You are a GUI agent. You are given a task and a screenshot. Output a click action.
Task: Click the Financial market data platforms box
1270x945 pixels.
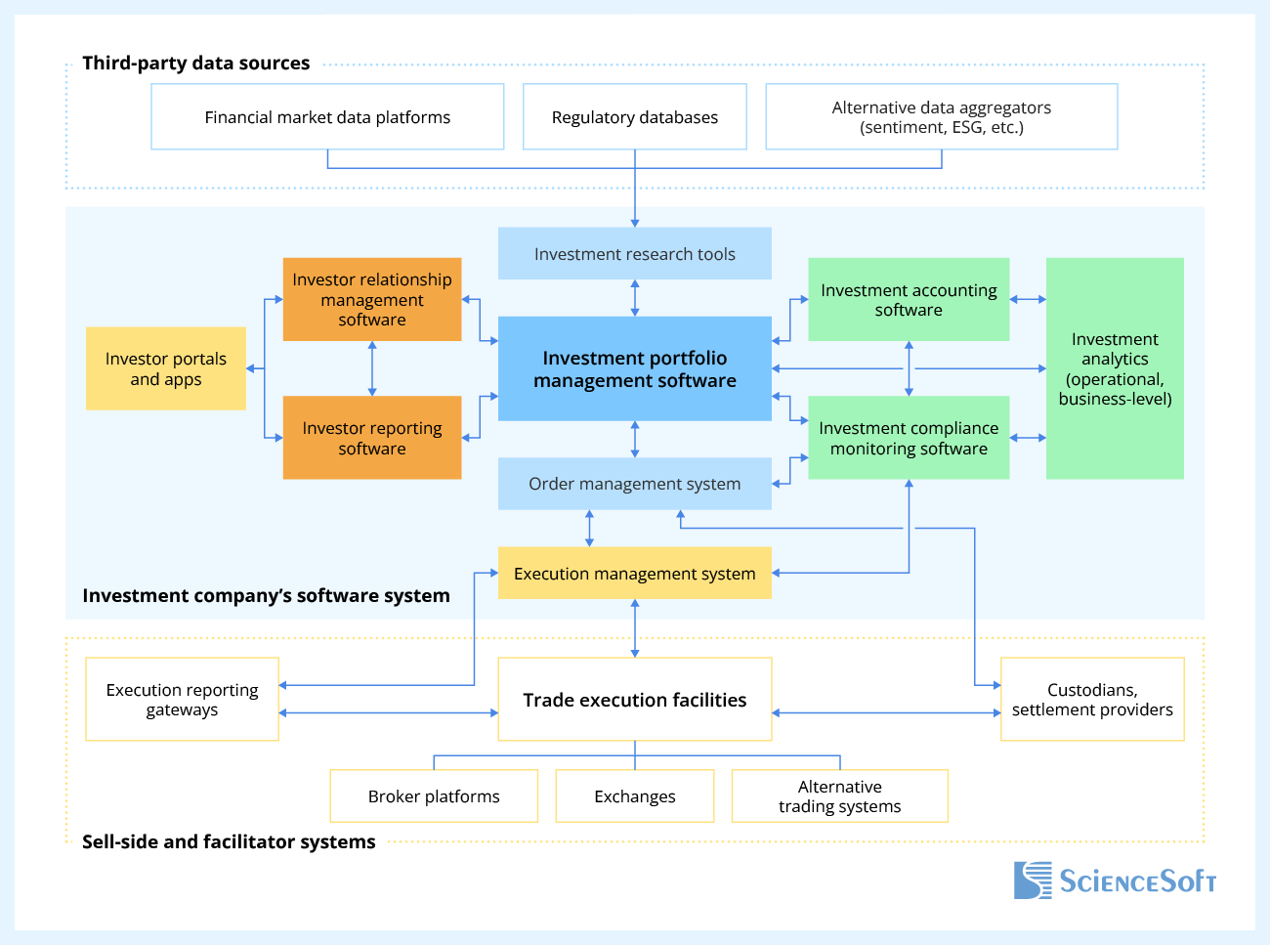coord(327,117)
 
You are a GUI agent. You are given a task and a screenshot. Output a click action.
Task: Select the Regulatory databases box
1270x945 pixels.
coord(635,117)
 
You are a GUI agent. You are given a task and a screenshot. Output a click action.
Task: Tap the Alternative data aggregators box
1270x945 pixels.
coord(941,117)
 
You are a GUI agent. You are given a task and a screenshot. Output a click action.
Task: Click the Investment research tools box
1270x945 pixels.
coord(635,254)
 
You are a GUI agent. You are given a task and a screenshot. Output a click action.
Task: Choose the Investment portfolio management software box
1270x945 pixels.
coord(635,369)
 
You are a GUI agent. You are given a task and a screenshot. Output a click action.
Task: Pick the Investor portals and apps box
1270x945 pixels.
coord(166,368)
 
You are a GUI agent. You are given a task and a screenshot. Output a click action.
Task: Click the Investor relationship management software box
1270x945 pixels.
coord(372,299)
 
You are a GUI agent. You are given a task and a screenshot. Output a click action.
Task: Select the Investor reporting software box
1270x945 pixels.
coord(372,438)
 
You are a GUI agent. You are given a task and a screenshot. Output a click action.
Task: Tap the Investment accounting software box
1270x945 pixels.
coord(909,300)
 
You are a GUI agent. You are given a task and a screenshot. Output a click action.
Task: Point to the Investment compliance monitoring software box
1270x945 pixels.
coord(909,438)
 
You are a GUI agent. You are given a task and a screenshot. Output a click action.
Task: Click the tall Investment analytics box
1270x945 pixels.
coord(1115,368)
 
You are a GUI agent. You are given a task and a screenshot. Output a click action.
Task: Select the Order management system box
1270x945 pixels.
coord(635,484)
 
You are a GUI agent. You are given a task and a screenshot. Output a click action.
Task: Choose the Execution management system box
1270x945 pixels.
coord(635,574)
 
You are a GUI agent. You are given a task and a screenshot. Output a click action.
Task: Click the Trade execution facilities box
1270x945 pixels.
coord(635,700)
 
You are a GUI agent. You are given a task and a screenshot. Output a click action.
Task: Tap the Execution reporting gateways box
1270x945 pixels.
coord(183,700)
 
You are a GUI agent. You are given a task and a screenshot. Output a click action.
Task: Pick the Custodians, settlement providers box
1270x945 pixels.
coord(1092,700)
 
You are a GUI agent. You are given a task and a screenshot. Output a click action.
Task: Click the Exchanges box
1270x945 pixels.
coord(635,796)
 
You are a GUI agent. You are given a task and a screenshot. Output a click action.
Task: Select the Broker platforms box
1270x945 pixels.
coord(434,796)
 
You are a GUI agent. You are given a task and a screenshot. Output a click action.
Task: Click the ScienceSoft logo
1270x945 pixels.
coord(1115,881)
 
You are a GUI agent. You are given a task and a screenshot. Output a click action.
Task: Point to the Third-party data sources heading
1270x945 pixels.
coord(195,64)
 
